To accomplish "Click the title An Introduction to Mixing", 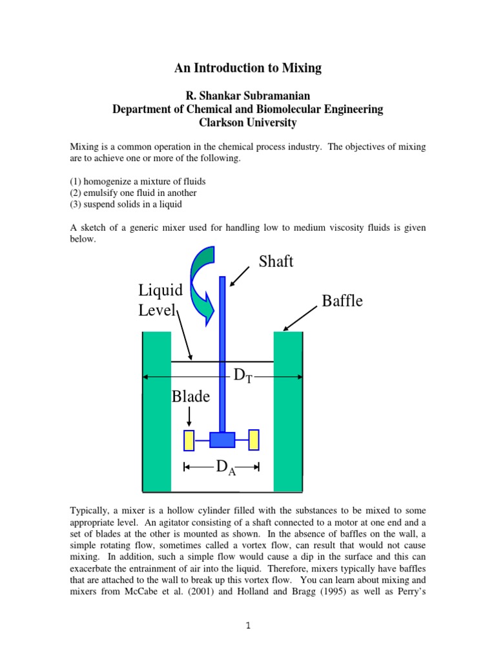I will click(x=248, y=68).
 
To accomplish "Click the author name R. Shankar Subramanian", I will click(x=248, y=96).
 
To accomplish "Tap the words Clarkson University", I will click(x=248, y=123).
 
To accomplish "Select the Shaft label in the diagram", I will click(x=276, y=262).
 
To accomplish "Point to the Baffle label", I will click(x=342, y=301).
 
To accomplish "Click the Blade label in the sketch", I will click(x=191, y=397).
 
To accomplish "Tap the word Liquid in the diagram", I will click(x=161, y=290).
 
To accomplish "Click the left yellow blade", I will click(x=189, y=440).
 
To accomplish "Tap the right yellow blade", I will click(x=254, y=440).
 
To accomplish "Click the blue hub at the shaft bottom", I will click(x=222, y=440).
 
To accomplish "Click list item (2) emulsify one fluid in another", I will click(x=133, y=193).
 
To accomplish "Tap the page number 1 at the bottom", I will click(x=248, y=626).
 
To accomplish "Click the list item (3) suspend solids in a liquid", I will click(x=126, y=204).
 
